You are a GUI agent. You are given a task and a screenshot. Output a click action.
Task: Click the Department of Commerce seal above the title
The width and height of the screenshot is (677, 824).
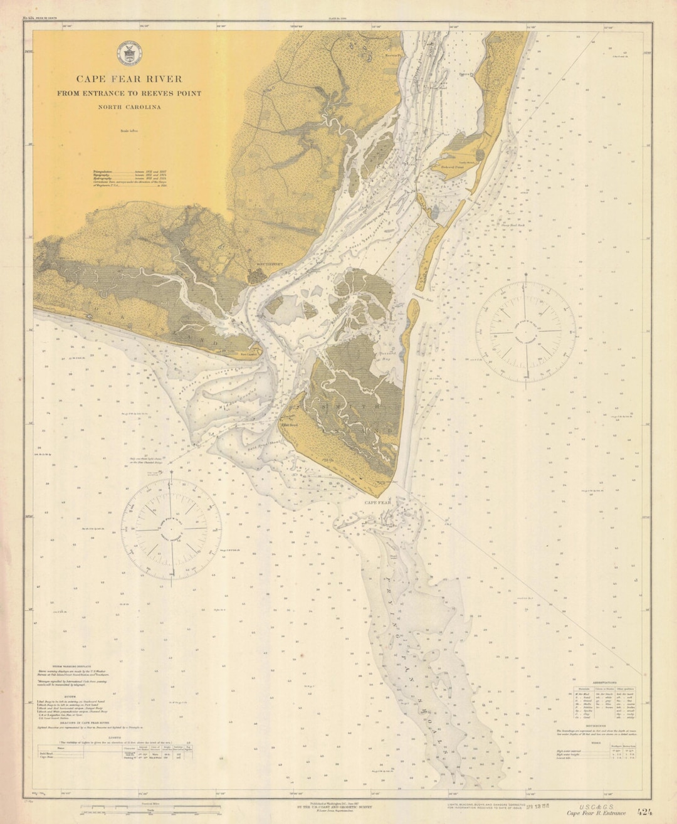[129, 53]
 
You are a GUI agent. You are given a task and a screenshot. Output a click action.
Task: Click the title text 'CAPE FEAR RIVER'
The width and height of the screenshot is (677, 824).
[129, 79]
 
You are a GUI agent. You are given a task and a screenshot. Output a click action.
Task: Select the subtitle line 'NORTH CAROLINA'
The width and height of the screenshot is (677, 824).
[129, 107]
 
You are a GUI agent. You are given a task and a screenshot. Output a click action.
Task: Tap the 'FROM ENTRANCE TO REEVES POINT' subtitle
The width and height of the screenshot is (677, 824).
[129, 93]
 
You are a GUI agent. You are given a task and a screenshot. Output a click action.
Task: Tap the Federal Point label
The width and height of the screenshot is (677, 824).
[452, 167]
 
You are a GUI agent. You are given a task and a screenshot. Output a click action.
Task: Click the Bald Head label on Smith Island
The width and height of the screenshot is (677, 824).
[290, 425]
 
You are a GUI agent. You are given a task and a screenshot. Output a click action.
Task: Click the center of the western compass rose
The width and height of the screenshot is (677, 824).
[171, 529]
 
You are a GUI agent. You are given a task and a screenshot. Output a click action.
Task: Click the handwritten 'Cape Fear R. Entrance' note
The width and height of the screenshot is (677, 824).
[596, 813]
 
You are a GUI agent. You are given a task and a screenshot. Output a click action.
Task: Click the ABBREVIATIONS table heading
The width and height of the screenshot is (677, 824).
[604, 682]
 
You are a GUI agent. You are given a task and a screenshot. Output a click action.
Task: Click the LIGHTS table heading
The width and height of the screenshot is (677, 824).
[114, 737]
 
